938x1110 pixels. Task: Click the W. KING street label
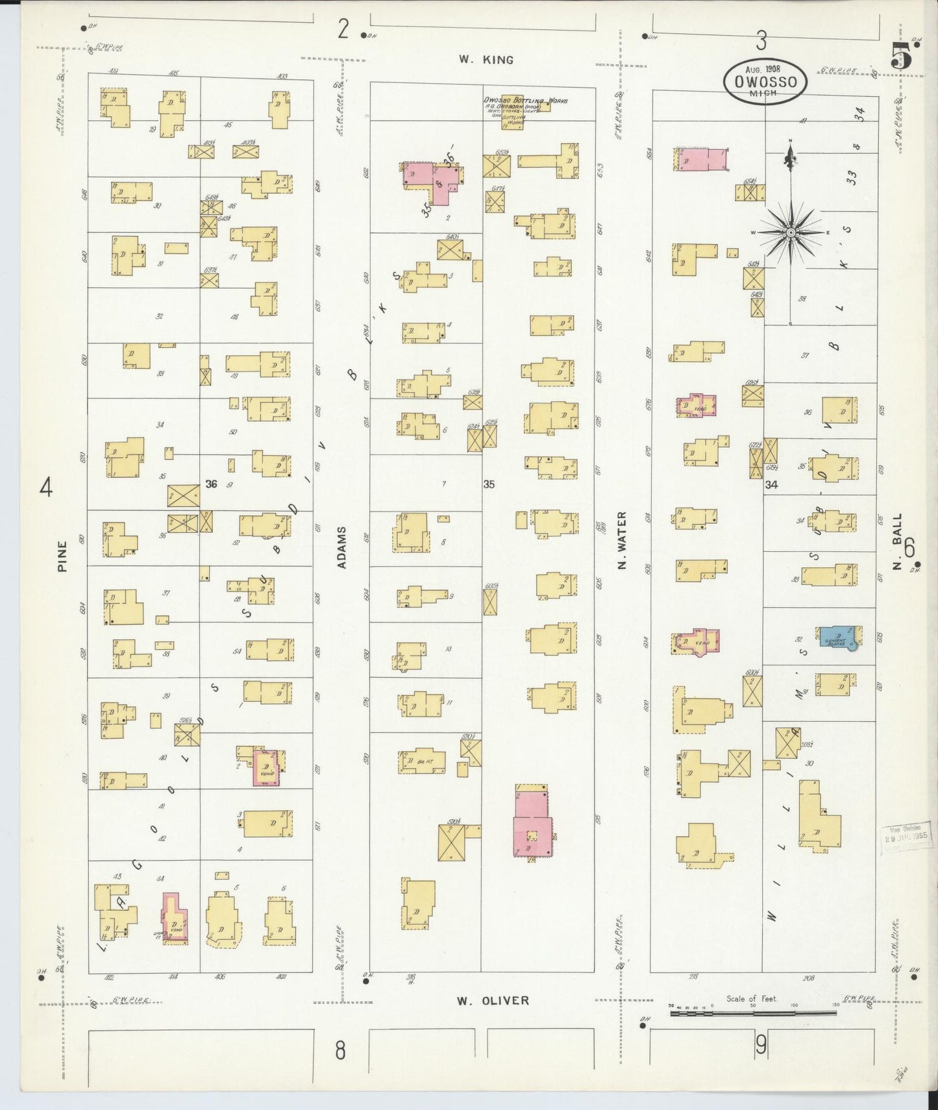486,60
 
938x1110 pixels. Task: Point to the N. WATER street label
622,540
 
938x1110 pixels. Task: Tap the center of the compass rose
791,232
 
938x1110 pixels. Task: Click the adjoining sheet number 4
45,487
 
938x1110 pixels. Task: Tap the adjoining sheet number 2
343,29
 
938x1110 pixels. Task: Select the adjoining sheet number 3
761,41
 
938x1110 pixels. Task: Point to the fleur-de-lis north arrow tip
791,153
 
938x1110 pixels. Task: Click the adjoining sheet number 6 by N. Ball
909,549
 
